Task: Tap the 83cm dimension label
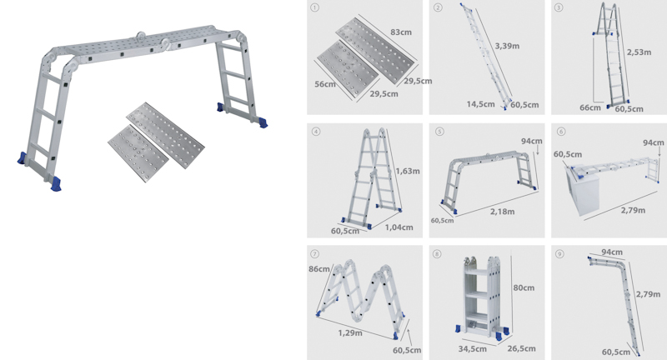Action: click(x=402, y=32)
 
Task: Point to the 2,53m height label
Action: click(x=639, y=51)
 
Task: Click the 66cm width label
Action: click(x=591, y=107)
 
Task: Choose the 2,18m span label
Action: click(x=502, y=212)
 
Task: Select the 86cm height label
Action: click(x=318, y=269)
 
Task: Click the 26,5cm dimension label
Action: click(x=523, y=350)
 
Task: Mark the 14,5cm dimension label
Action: click(x=479, y=105)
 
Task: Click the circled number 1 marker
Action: click(x=314, y=8)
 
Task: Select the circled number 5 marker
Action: click(x=439, y=131)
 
